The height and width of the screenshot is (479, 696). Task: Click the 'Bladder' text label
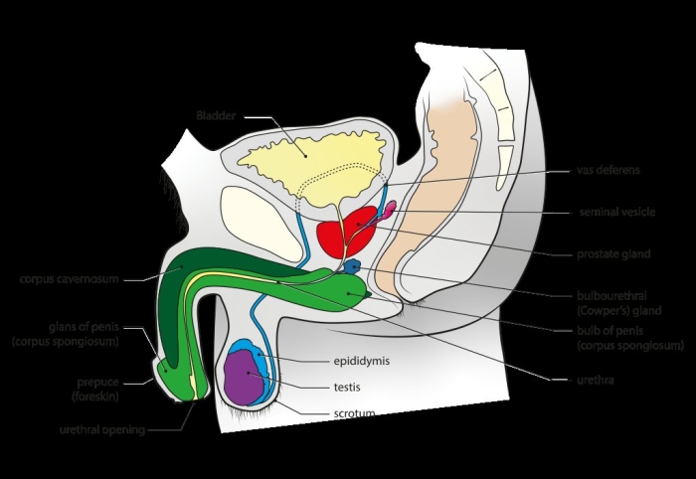pyautogui.click(x=216, y=116)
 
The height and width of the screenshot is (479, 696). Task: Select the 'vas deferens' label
pyautogui.click(x=608, y=170)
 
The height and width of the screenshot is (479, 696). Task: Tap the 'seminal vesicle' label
pyautogui.click(x=616, y=212)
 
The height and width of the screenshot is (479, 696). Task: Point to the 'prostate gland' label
pyautogui.click(x=613, y=254)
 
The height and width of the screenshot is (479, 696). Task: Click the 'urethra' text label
pyautogui.click(x=598, y=379)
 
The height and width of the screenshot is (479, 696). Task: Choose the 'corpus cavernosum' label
pyautogui.click(x=69, y=280)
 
